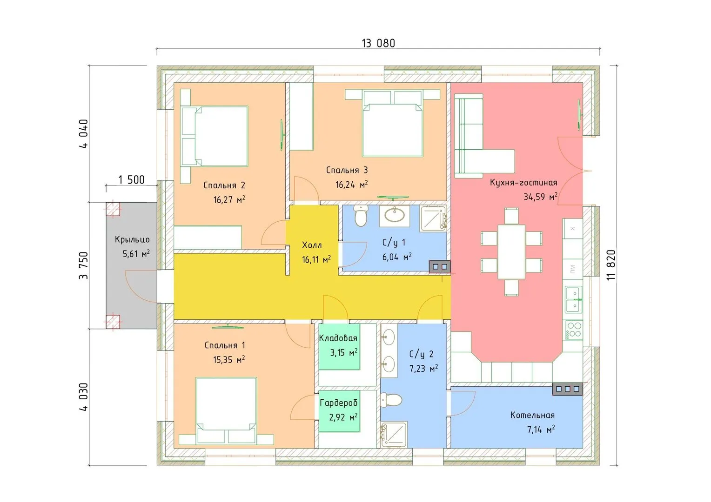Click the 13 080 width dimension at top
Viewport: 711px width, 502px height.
(x=378, y=43)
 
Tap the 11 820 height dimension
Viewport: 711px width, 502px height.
(x=611, y=264)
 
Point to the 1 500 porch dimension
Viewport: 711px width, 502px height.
(x=131, y=179)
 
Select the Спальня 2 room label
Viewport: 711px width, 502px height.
(x=224, y=185)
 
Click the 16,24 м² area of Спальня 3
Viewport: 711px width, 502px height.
(x=351, y=185)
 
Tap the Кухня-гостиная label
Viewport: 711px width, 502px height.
(x=523, y=183)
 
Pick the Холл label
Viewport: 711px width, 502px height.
(x=312, y=245)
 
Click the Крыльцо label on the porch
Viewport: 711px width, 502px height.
(x=132, y=239)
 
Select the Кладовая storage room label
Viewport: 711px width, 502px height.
(x=338, y=338)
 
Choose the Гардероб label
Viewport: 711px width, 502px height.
(x=338, y=403)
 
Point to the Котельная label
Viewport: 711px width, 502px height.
(x=532, y=415)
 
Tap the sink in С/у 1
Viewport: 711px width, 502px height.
(x=396, y=215)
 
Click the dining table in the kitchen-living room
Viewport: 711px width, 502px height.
(x=511, y=251)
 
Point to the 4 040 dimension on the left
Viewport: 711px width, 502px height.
(x=84, y=134)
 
